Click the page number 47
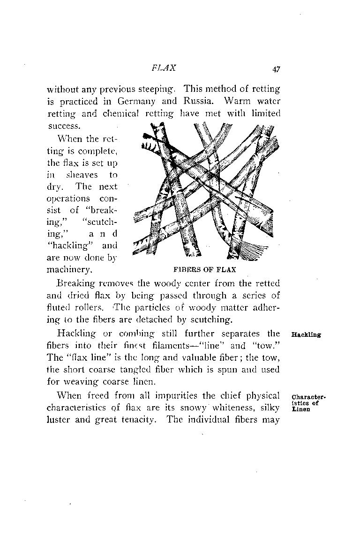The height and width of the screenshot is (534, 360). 275,69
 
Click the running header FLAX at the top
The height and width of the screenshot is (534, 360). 164,67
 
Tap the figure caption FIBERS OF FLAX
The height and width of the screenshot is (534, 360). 204,270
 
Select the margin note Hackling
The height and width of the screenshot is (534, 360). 306,335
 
